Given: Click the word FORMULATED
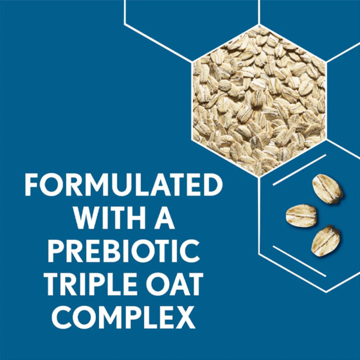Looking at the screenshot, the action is pyautogui.click(x=124, y=185).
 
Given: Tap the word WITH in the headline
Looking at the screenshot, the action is pyautogui.click(x=109, y=218).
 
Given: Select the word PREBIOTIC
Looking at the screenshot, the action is pyautogui.click(x=124, y=251).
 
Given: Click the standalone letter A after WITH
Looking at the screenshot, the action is pyautogui.click(x=163, y=218).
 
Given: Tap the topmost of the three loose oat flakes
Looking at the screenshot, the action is pyautogui.click(x=328, y=189).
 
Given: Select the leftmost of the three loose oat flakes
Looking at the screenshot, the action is pyautogui.click(x=301, y=216).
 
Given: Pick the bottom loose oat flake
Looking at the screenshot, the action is pyautogui.click(x=326, y=241).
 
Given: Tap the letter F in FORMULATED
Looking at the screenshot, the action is pyautogui.click(x=32, y=185).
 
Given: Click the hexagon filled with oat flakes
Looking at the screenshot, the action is pyautogui.click(x=259, y=100).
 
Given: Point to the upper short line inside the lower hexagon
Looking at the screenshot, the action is pyautogui.click(x=299, y=170).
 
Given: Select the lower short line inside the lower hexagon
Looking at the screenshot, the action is pyautogui.click(x=299, y=261).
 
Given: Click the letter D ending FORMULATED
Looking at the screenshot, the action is pyautogui.click(x=212, y=185).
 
